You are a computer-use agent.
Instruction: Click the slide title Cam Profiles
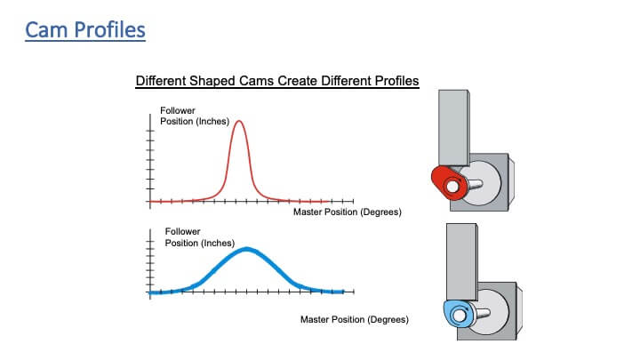(x=85, y=30)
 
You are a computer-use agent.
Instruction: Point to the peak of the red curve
(x=239, y=121)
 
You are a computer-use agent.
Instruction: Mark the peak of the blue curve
(x=246, y=249)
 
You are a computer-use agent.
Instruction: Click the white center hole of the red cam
(x=452, y=187)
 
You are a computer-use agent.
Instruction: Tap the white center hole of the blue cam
(x=460, y=316)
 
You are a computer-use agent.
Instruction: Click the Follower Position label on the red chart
(x=195, y=116)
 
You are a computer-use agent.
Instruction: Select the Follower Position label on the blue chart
(x=200, y=237)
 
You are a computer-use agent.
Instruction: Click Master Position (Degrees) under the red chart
(x=348, y=212)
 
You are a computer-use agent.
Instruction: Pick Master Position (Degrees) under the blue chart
(x=355, y=320)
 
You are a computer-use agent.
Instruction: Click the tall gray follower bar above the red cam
(x=453, y=128)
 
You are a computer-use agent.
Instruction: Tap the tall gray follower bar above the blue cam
(x=461, y=261)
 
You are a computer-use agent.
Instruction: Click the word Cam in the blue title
(x=47, y=30)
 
